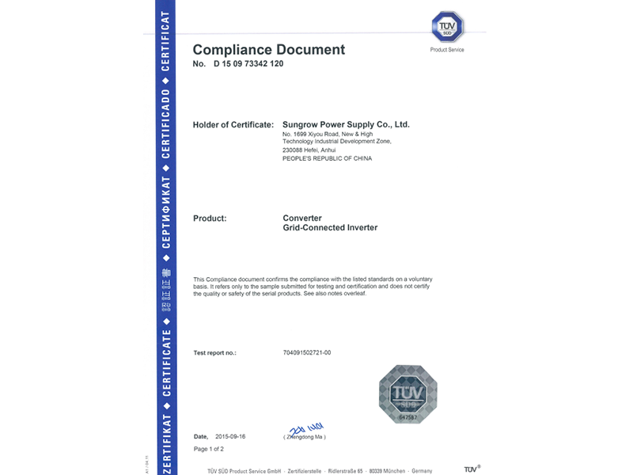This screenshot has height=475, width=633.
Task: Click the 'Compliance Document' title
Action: tap(269, 50)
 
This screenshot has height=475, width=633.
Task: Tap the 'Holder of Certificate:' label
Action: tap(233, 125)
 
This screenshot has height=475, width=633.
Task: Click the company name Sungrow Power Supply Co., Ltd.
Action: tap(346, 125)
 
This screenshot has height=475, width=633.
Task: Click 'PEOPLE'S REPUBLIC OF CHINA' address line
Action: tap(327, 158)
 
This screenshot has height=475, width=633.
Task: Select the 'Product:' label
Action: tap(210, 218)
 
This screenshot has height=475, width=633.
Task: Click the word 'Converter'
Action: tap(302, 218)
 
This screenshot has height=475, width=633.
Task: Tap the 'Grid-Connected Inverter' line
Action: tap(330, 228)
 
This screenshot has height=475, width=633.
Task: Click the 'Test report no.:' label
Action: tap(214, 352)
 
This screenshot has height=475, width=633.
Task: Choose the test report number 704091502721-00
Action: tap(306, 352)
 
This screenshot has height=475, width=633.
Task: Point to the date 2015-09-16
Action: tap(229, 436)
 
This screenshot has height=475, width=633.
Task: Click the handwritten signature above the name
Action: tap(305, 428)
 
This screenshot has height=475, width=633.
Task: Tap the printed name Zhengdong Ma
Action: tap(305, 437)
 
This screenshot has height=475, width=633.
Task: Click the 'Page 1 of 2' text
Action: tap(209, 449)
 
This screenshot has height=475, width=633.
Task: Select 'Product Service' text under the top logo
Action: tap(447, 50)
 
